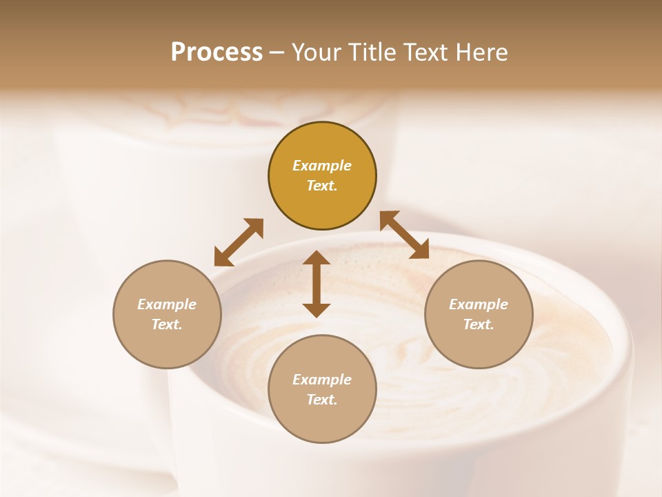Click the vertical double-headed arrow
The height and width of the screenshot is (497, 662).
317,284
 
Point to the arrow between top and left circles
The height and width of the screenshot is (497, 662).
239,242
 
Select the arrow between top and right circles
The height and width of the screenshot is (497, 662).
405,235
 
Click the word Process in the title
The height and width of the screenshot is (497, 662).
217,52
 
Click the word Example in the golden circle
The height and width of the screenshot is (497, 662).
322,166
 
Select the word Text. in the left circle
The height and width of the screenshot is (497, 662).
167,324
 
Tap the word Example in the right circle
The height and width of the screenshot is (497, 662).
479,304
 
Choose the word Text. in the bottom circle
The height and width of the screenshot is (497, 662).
322,400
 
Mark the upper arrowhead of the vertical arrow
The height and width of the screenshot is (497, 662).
317,259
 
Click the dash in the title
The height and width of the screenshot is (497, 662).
277,52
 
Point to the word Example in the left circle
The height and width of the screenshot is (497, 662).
167,304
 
